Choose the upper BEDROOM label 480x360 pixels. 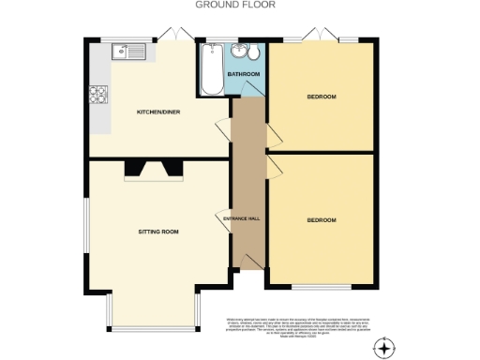tap(322, 97)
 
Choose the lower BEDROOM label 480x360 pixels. tap(322, 219)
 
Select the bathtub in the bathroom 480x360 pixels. tap(209, 67)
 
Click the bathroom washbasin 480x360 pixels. tap(240, 52)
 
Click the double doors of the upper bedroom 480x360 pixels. tap(321, 37)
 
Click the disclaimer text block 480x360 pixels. tap(298, 326)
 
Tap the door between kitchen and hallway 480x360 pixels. tap(225, 130)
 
